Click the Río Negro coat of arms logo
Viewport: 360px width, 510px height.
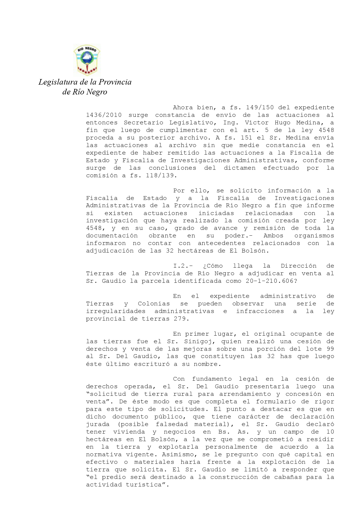(87, 60)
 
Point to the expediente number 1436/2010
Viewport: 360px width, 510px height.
(104, 115)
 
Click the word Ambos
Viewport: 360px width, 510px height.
(273, 236)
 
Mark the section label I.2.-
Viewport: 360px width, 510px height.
(183, 266)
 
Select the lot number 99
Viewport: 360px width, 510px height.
(330, 349)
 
